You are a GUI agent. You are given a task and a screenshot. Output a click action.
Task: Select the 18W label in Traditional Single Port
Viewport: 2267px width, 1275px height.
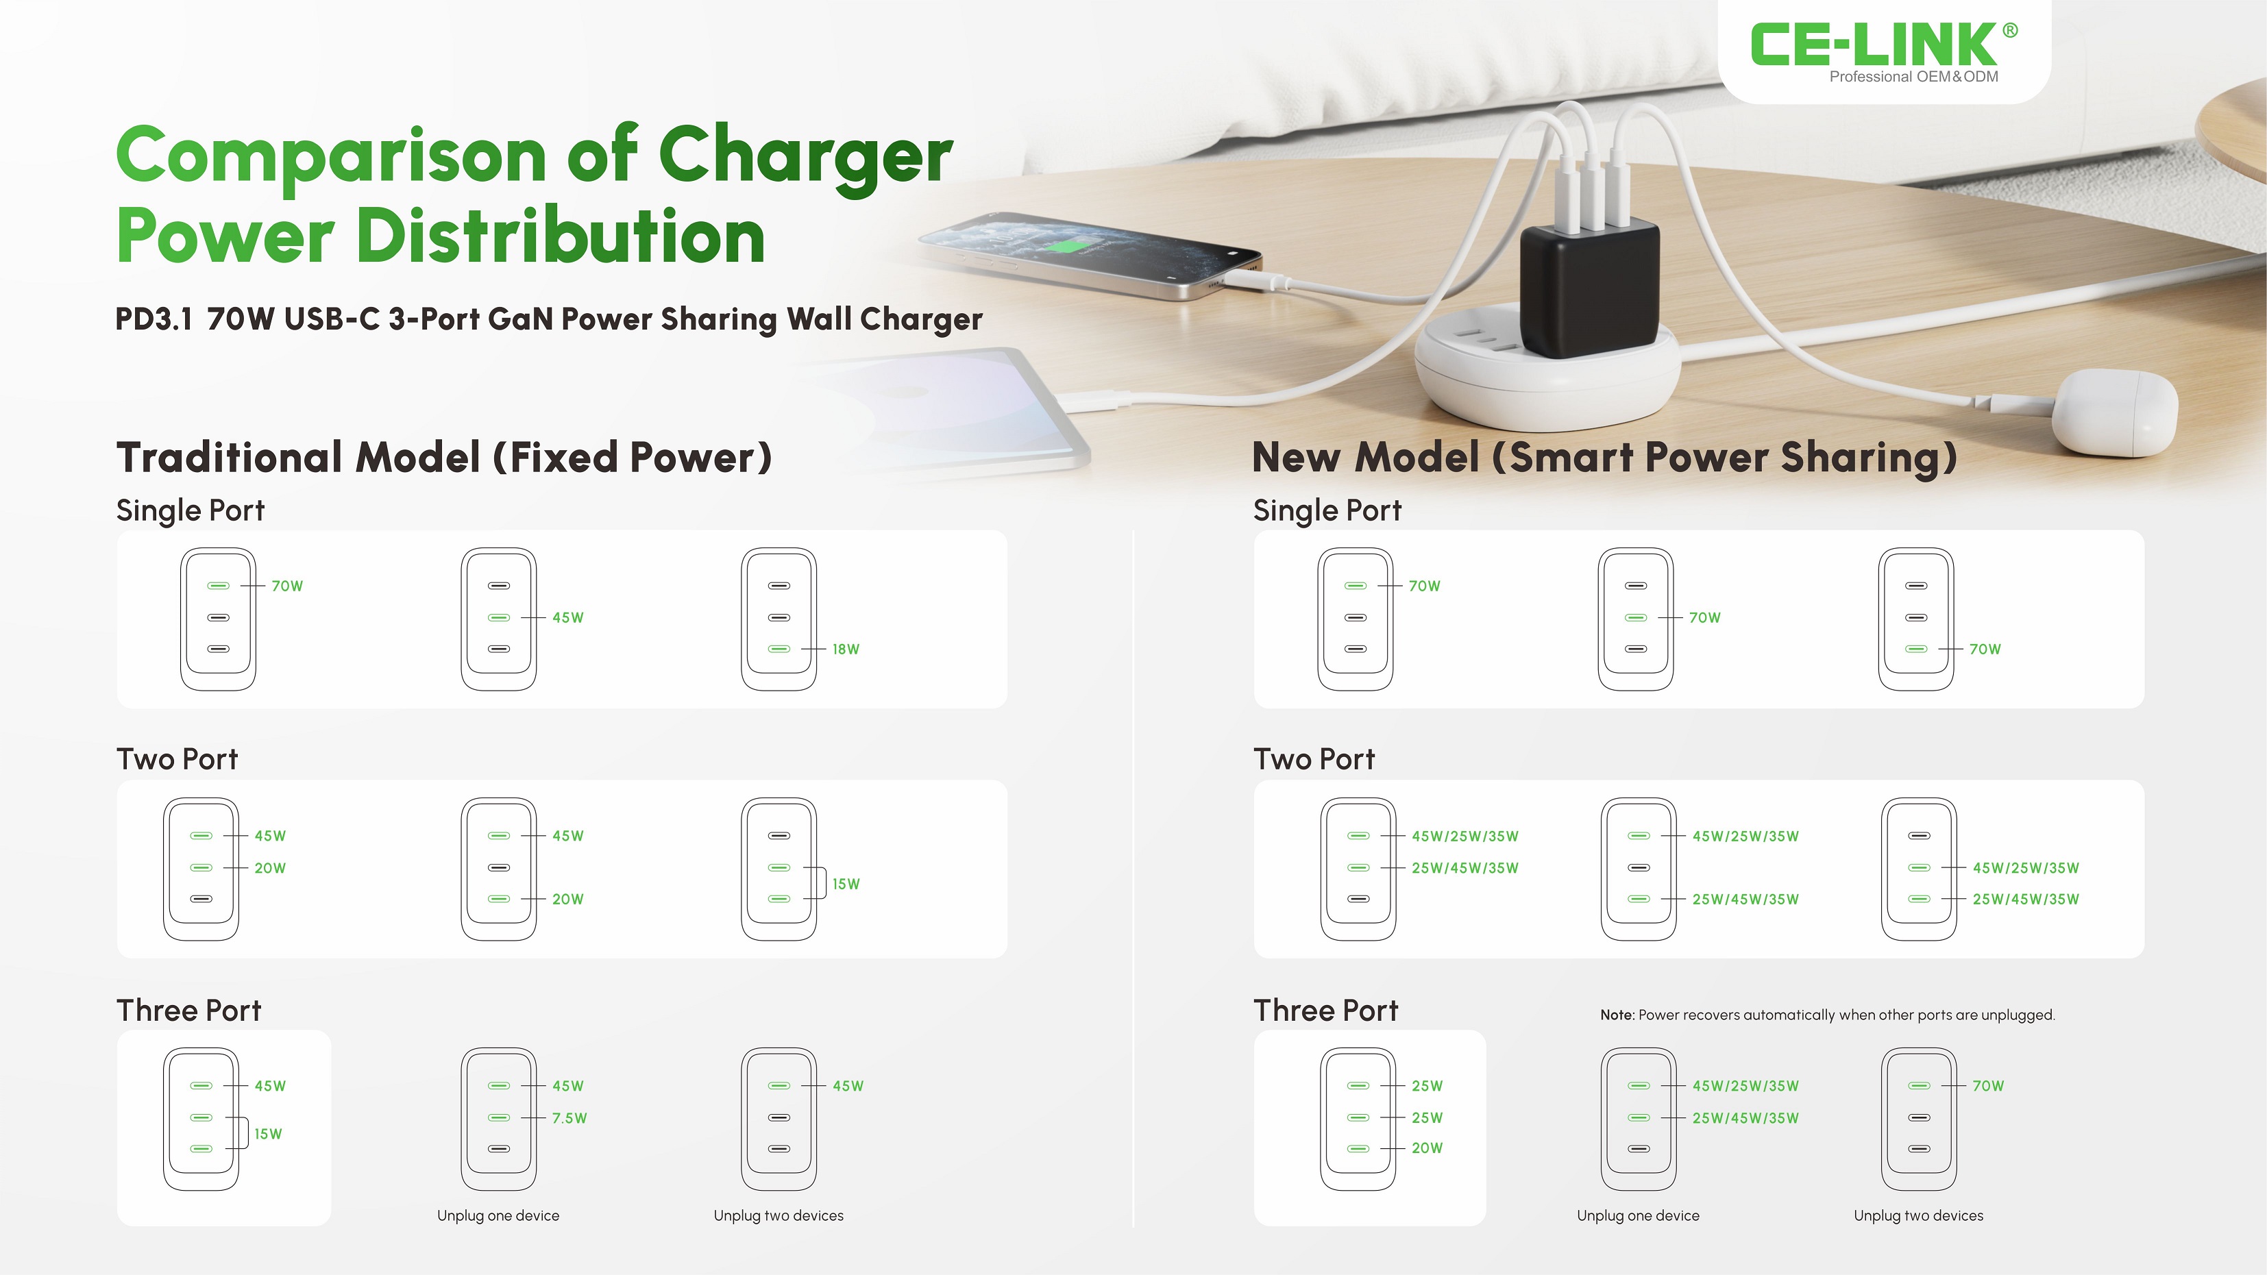(846, 649)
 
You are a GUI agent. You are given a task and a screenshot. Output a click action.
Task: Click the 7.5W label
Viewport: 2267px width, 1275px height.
(569, 1117)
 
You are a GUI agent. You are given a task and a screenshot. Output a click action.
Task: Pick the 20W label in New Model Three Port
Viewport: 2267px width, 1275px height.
(1427, 1148)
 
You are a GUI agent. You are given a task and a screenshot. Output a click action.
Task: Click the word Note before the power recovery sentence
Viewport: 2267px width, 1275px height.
(1617, 1015)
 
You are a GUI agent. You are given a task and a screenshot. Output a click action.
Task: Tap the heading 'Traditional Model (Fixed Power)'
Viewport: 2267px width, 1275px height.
(445, 458)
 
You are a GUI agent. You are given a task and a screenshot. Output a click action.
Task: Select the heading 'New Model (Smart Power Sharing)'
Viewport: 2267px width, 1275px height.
(1604, 458)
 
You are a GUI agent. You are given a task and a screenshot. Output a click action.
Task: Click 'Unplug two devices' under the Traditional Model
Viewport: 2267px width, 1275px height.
(778, 1215)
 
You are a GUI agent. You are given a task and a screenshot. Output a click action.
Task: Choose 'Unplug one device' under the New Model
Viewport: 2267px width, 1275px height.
(1638, 1215)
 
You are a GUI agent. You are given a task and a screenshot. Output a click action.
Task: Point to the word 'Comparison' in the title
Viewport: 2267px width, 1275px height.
(332, 156)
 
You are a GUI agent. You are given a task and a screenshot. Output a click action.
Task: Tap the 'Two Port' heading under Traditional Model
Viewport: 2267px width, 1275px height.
(177, 758)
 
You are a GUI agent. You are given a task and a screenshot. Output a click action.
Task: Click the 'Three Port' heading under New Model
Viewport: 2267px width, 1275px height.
(1325, 1010)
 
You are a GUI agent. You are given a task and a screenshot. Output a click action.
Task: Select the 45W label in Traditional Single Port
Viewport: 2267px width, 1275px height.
(567, 618)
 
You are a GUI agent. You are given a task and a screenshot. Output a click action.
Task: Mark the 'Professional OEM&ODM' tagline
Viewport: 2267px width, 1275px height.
(1914, 77)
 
